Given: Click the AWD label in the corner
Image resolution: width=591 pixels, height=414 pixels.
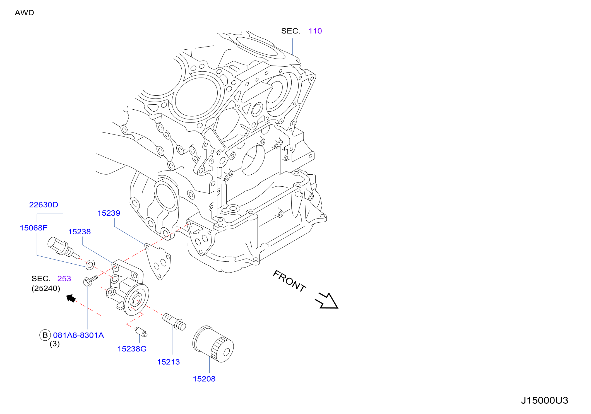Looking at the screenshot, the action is click(x=24, y=13).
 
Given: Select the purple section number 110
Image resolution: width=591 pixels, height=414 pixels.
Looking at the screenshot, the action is click(x=315, y=31).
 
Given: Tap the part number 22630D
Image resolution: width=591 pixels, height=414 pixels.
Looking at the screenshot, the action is click(x=44, y=205).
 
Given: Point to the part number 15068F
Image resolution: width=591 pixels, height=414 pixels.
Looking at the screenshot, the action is click(x=33, y=228).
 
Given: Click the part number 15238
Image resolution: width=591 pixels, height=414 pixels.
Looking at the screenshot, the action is click(x=80, y=232).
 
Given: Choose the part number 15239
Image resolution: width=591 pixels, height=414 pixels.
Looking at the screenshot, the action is click(x=109, y=213).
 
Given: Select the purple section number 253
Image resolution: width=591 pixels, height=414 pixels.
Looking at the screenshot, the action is click(x=64, y=278).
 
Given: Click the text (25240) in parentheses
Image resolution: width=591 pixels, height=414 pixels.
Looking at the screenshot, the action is click(x=46, y=288).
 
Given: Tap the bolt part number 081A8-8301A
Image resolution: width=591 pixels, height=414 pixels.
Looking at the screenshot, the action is click(x=78, y=335).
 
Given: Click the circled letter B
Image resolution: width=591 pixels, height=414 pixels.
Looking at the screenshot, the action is click(x=45, y=335).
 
